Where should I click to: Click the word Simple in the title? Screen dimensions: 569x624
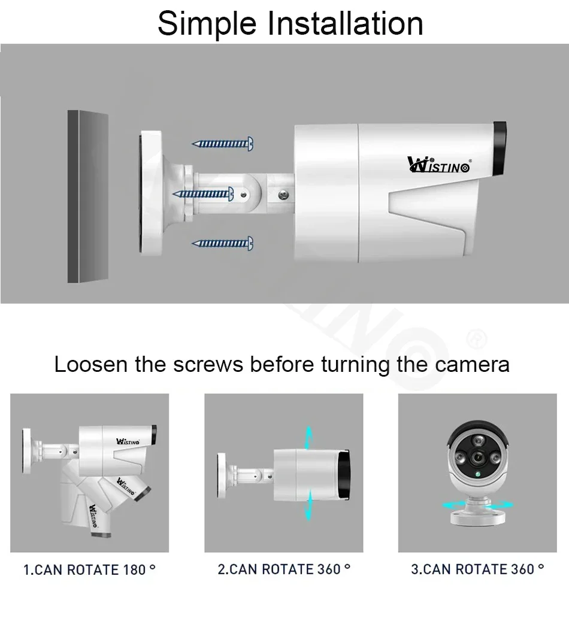(207, 24)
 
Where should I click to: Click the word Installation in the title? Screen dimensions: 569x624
(345, 23)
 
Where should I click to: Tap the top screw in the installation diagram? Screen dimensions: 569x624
(222, 144)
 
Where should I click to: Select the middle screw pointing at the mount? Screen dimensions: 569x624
(203, 194)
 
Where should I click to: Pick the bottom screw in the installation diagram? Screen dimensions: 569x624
(222, 243)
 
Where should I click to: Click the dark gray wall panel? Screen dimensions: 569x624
(88, 196)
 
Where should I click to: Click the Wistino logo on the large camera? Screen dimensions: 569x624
(439, 164)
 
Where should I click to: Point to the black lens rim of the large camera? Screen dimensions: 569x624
(500, 149)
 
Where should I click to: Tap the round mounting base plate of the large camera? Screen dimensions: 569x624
(151, 193)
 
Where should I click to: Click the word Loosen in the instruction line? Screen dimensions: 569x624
(90, 364)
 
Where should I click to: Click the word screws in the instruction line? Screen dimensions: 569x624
(208, 365)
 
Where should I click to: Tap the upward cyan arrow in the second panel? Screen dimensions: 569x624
(308, 438)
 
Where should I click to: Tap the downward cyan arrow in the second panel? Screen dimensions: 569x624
(308, 505)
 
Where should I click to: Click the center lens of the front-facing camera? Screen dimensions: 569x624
(477, 458)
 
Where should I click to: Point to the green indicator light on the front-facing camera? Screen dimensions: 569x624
(477, 474)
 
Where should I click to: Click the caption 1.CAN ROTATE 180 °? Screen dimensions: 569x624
(89, 570)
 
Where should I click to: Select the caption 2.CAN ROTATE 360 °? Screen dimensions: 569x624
(284, 569)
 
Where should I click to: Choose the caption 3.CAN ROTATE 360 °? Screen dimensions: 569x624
(477, 569)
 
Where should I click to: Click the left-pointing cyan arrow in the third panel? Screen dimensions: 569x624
(453, 505)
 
